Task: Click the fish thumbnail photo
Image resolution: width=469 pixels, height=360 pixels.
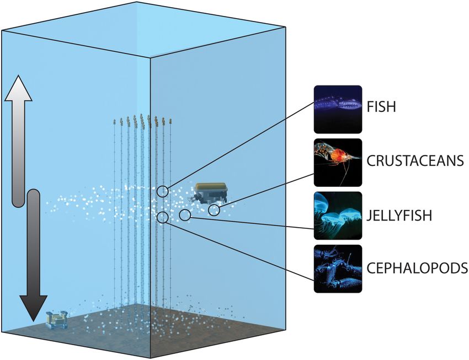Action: [x=338, y=109]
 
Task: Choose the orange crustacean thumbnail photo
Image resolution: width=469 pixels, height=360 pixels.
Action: [x=338, y=163]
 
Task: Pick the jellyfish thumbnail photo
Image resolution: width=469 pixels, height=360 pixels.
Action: [x=338, y=216]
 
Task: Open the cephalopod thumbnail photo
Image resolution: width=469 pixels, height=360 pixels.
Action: [x=338, y=268]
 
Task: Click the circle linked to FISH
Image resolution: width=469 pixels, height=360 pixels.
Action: [x=163, y=191]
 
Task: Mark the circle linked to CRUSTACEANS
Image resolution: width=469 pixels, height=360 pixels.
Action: [x=214, y=209]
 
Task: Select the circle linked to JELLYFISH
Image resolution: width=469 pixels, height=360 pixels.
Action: [x=185, y=214]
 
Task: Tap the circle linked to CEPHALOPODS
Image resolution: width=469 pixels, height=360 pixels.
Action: [x=162, y=217]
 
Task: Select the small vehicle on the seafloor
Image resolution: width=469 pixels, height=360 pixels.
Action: [x=57, y=320]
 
